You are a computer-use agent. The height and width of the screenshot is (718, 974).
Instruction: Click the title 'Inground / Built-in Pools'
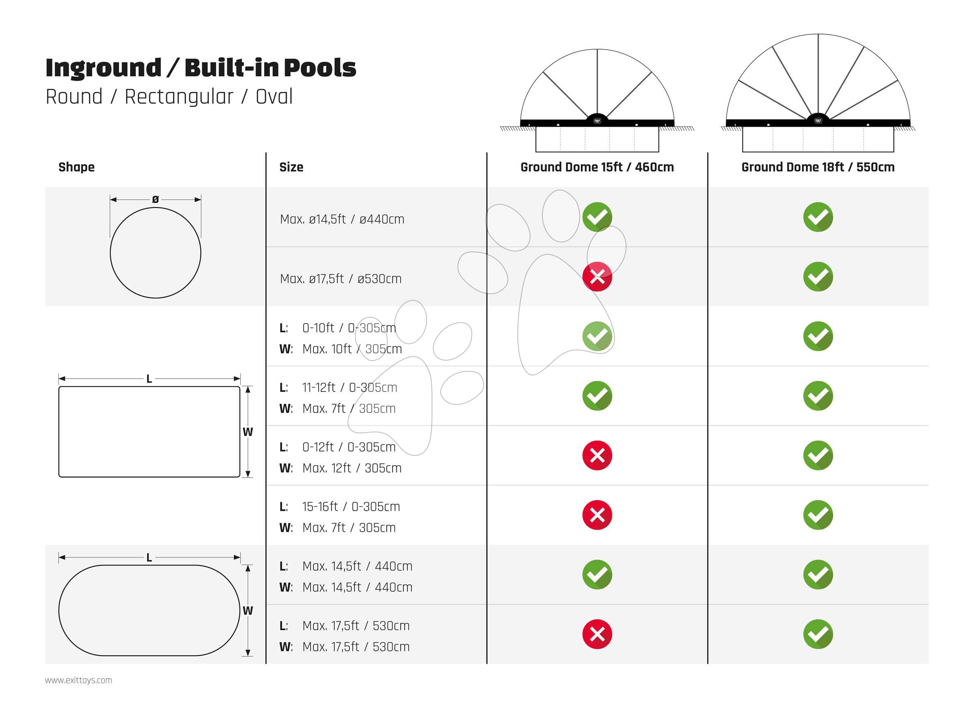click(x=200, y=68)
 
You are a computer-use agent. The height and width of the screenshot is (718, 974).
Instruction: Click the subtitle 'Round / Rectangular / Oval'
click(x=169, y=96)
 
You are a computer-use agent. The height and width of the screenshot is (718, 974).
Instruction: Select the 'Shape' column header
click(x=76, y=167)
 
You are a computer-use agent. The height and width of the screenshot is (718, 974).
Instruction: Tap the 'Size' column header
click(x=291, y=167)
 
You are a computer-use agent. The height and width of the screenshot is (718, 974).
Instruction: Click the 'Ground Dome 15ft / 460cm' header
click(x=597, y=167)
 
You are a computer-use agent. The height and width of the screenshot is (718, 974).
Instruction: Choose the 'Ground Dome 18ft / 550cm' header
click(x=818, y=167)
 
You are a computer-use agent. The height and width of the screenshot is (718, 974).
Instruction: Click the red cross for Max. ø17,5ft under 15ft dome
click(x=597, y=277)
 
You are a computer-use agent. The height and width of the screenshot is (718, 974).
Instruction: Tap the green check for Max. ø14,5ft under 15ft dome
click(x=597, y=217)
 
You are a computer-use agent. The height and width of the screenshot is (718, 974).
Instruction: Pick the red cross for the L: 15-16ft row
click(x=597, y=515)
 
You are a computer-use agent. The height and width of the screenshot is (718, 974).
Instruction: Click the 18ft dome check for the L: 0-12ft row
click(x=818, y=455)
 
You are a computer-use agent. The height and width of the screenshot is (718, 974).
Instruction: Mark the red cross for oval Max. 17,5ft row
click(x=597, y=634)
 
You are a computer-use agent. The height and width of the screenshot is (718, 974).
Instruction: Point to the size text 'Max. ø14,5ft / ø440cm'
click(x=342, y=219)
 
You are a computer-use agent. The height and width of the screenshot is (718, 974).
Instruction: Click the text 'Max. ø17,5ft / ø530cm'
click(x=341, y=279)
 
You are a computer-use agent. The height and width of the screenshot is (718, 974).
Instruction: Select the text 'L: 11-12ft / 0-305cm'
click(x=338, y=387)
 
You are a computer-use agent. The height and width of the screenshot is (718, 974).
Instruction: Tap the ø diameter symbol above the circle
click(x=155, y=199)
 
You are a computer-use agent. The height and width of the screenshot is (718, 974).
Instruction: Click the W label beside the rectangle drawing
click(x=248, y=432)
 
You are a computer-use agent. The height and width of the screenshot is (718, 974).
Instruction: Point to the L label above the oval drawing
click(x=149, y=558)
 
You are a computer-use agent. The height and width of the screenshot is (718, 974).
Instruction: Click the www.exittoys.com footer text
click(x=79, y=680)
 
